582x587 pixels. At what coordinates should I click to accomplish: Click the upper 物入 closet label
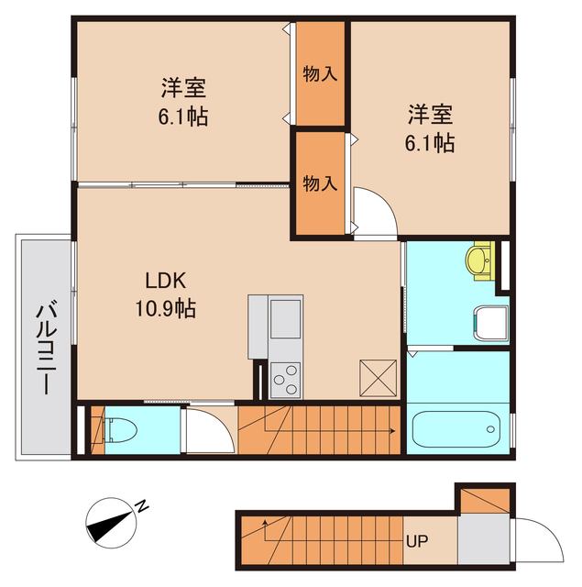click(x=319, y=74)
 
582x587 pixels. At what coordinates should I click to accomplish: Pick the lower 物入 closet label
click(x=319, y=183)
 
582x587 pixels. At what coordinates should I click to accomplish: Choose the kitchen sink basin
click(x=285, y=320)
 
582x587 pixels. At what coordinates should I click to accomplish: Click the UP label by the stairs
click(x=415, y=540)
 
